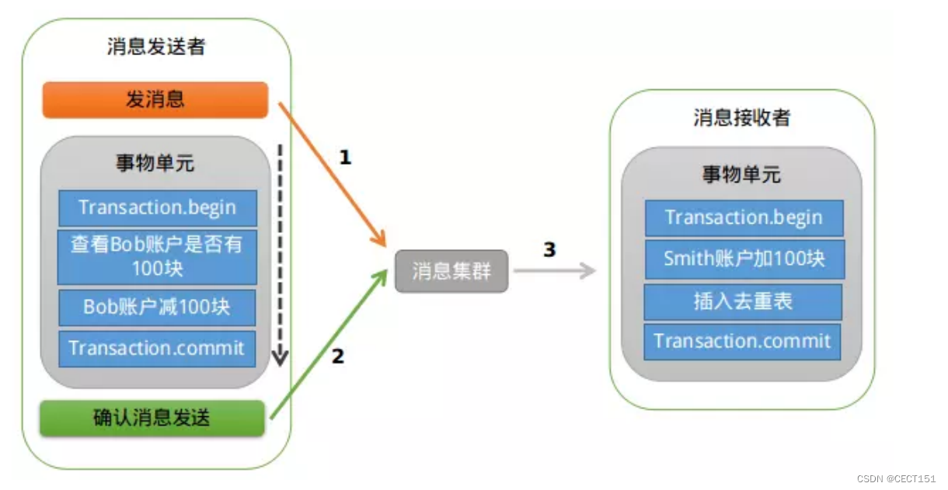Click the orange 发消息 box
click(155, 99)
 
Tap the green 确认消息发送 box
click(152, 418)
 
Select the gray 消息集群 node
click(451, 271)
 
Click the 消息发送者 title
click(156, 47)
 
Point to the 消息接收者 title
click(741, 117)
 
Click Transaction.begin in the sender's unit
click(157, 208)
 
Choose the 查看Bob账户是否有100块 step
click(157, 256)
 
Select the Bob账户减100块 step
click(157, 307)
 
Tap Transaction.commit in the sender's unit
click(157, 348)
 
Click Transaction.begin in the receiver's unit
click(744, 217)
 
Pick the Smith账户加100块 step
click(744, 259)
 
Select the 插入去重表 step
click(743, 301)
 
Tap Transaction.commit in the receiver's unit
click(742, 341)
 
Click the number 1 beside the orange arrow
click(345, 158)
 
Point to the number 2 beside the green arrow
click(337, 357)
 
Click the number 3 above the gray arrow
click(549, 250)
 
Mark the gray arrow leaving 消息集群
click(553, 271)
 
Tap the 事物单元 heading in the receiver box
click(741, 175)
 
